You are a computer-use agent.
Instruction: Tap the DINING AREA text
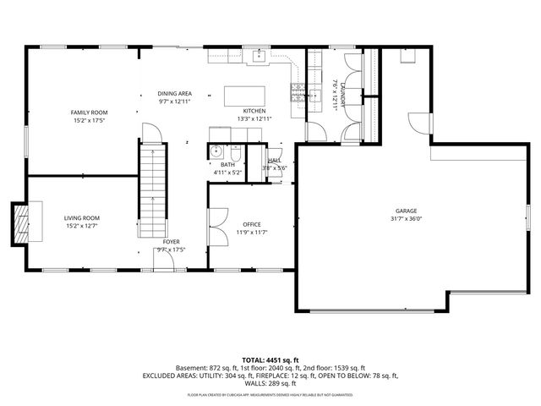(174, 93)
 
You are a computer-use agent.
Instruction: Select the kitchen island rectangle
(244, 96)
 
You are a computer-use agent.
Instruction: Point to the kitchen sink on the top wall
(260, 56)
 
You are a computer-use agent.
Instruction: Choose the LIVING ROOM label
(82, 218)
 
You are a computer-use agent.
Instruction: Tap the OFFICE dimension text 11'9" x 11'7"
(251, 233)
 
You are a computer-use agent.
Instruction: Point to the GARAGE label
(406, 211)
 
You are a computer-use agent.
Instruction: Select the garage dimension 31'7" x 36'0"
(406, 218)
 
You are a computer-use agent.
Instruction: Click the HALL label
(275, 161)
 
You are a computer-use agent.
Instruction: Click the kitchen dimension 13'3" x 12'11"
(254, 119)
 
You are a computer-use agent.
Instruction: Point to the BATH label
(227, 165)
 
